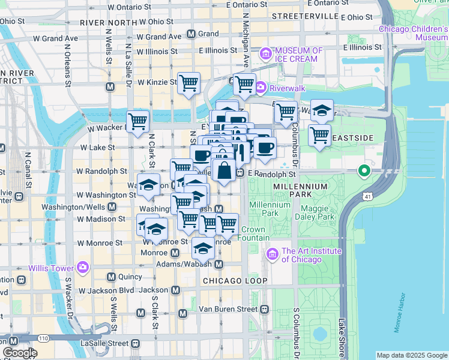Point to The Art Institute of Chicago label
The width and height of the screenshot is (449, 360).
311,256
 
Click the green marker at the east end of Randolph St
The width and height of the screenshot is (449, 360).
363,172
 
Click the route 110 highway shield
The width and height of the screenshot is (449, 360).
43,338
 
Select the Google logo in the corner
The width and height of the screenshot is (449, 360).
20,353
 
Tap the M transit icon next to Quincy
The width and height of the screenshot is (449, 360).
111,277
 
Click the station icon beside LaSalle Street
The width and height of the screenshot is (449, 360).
135,344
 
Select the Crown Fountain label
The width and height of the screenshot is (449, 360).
255,234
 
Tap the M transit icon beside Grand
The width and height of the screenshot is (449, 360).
191,34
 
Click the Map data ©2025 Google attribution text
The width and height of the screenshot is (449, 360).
411,355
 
